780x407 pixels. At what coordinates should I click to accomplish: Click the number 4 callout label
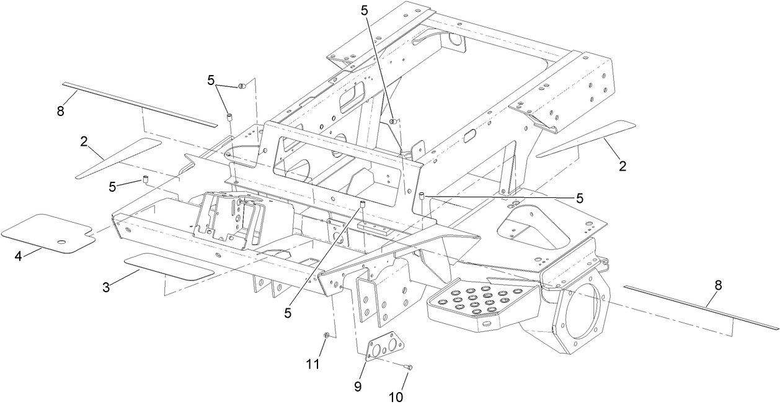pyautogui.click(x=19, y=255)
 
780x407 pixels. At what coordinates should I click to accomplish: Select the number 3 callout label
pyautogui.click(x=107, y=287)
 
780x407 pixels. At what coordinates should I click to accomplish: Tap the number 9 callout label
pyautogui.click(x=357, y=385)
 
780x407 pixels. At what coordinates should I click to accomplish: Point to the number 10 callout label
pyautogui.click(x=396, y=396)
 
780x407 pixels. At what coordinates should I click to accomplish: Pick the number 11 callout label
pyautogui.click(x=314, y=364)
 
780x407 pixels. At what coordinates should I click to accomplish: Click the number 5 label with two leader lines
pyautogui.click(x=211, y=80)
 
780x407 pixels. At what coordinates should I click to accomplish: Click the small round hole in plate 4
pyautogui.click(x=61, y=242)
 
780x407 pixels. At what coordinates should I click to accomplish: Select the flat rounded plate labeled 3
pyautogui.click(x=169, y=266)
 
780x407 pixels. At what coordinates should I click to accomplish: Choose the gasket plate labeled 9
pyautogui.click(x=382, y=348)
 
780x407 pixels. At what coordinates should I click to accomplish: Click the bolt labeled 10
pyautogui.click(x=407, y=368)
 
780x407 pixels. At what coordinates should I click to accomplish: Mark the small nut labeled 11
pyautogui.click(x=326, y=336)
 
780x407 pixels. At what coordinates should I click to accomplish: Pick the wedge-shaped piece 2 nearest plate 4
pyautogui.click(x=118, y=159)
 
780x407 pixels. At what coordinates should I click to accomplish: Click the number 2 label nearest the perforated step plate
pyautogui.click(x=622, y=166)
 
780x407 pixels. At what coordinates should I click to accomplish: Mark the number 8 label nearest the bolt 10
pyautogui.click(x=718, y=285)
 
